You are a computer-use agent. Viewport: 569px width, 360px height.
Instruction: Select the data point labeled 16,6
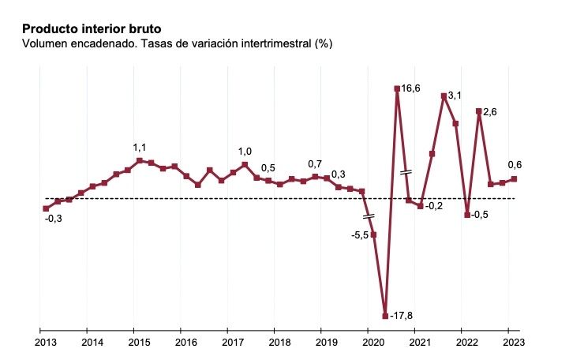tap(397, 88)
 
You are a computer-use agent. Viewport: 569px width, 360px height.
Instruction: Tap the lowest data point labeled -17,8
tap(385, 316)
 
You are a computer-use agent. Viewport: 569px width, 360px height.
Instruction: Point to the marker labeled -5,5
tap(373, 234)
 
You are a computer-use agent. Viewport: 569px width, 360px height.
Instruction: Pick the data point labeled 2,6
tap(479, 111)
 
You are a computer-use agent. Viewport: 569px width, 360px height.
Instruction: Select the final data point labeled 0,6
tap(515, 178)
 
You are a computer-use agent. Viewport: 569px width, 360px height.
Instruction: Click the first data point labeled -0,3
tap(46, 208)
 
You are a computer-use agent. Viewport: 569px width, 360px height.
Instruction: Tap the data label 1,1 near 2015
tap(140, 148)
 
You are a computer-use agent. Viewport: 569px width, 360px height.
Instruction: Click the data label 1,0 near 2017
tap(245, 152)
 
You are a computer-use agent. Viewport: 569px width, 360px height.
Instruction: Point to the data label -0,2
tap(435, 206)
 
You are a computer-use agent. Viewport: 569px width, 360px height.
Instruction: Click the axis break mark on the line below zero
tap(369, 216)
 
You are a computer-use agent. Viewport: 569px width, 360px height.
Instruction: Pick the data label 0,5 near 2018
tap(268, 167)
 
